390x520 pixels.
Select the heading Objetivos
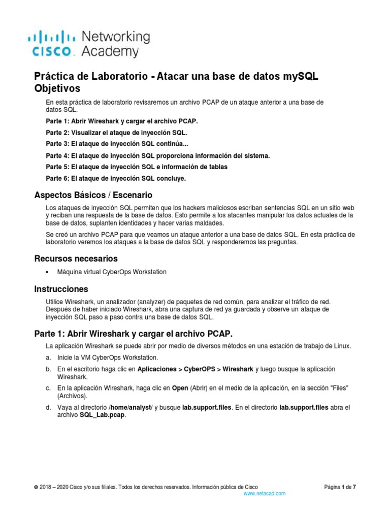click(x=57, y=88)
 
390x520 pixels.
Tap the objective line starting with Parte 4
click(x=157, y=155)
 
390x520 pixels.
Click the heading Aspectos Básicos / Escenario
click(x=93, y=195)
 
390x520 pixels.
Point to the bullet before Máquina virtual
click(x=47, y=272)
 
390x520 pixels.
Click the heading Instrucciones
click(x=61, y=289)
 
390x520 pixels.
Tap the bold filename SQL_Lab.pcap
click(x=102, y=415)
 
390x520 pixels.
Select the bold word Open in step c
click(x=179, y=388)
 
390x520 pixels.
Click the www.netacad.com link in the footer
click(x=264, y=493)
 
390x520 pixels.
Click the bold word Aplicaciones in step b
click(x=158, y=369)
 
